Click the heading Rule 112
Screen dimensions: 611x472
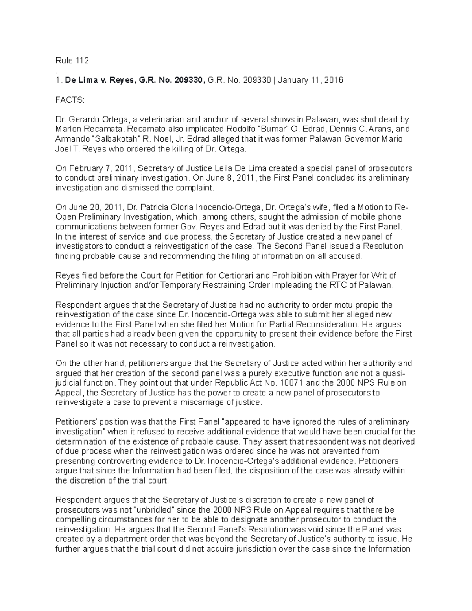coord(72,61)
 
